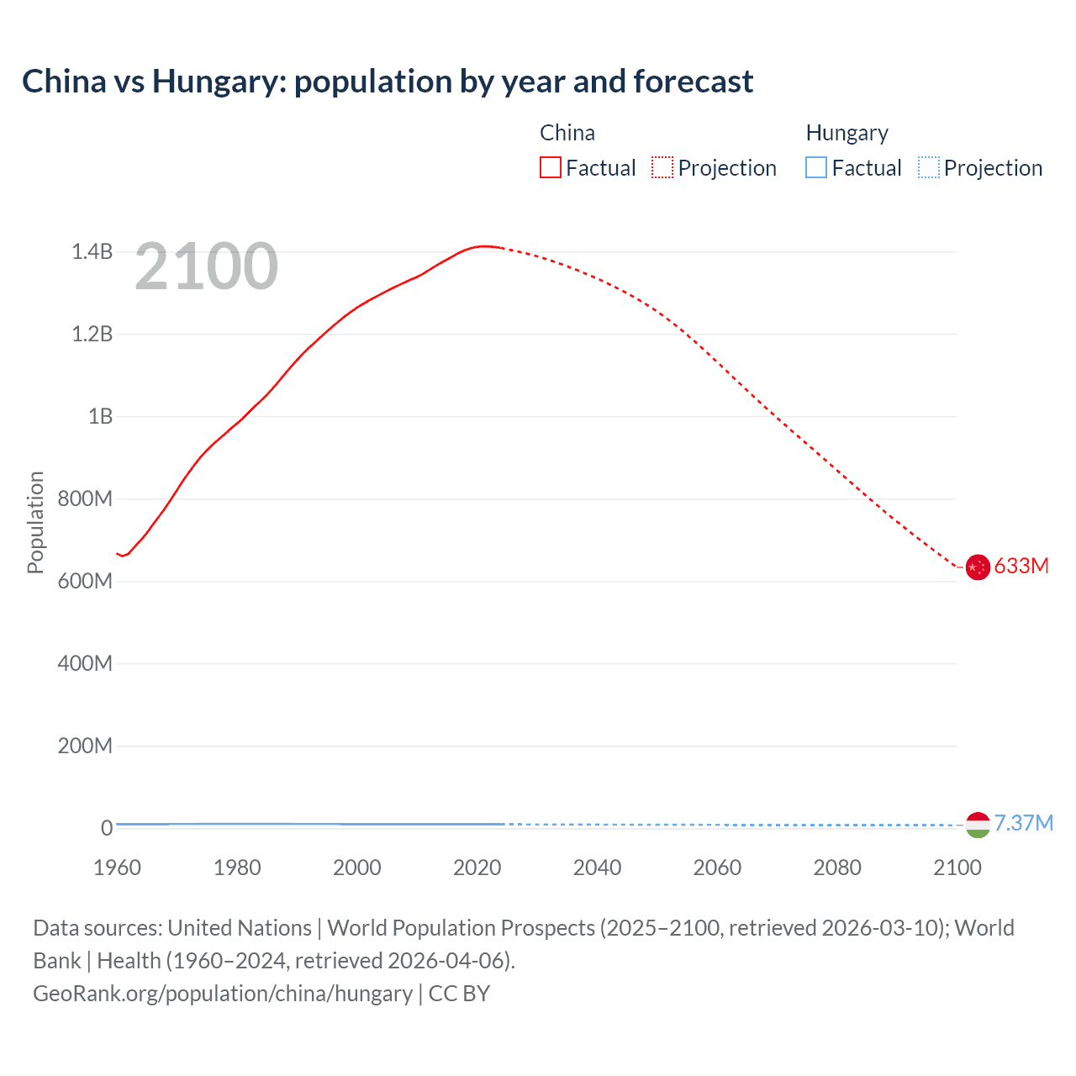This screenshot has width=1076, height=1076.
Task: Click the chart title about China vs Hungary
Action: (x=388, y=82)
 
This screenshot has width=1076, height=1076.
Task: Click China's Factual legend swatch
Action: (x=550, y=168)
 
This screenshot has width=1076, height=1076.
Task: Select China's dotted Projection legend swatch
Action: (x=662, y=168)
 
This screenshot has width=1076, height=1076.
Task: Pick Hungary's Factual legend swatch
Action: (x=816, y=168)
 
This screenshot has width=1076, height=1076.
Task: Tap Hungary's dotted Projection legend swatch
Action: (x=928, y=168)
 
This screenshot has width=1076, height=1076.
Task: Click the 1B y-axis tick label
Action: (x=100, y=416)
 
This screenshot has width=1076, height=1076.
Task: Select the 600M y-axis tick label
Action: (x=85, y=581)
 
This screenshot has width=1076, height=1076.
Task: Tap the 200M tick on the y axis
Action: (x=85, y=746)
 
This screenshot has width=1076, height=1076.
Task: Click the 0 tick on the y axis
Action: (x=107, y=828)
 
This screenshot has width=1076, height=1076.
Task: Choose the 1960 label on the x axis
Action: (x=117, y=868)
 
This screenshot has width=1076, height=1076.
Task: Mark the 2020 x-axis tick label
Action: (x=477, y=868)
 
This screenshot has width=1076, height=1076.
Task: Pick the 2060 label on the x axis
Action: (x=717, y=868)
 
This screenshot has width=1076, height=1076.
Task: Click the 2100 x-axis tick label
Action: (x=957, y=868)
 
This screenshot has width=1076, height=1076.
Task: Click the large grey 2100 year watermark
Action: (x=206, y=266)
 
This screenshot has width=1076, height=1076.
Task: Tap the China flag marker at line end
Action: (x=977, y=567)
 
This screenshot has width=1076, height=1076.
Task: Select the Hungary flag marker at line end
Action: (x=977, y=825)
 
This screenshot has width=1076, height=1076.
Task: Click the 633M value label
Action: (x=1021, y=566)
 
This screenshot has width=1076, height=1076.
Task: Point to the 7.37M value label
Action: (x=1024, y=823)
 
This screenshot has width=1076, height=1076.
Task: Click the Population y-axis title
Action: (x=35, y=522)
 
